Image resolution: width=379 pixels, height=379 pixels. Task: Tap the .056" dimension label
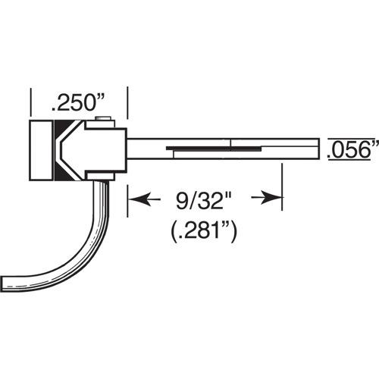(x=353, y=149)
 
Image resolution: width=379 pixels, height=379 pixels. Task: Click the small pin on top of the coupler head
(x=103, y=119)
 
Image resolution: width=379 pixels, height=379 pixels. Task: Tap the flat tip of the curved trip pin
(x=2, y=284)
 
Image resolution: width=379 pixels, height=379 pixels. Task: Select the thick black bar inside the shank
(x=214, y=149)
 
